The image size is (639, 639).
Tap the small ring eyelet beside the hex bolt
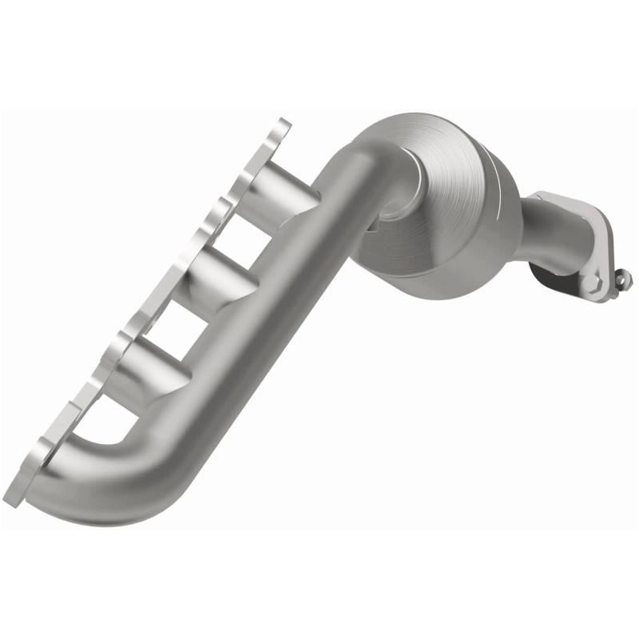point(624,277)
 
